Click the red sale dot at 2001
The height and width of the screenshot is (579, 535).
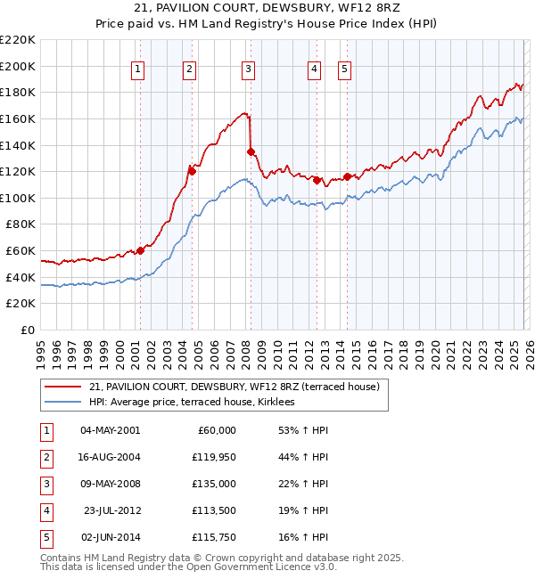click(140, 250)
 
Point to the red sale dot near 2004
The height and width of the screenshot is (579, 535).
click(191, 170)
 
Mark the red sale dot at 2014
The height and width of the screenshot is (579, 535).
click(346, 176)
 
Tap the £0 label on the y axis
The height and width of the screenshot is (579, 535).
click(28, 330)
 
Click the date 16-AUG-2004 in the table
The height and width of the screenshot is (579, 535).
click(110, 457)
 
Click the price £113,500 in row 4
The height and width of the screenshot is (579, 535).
click(215, 510)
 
